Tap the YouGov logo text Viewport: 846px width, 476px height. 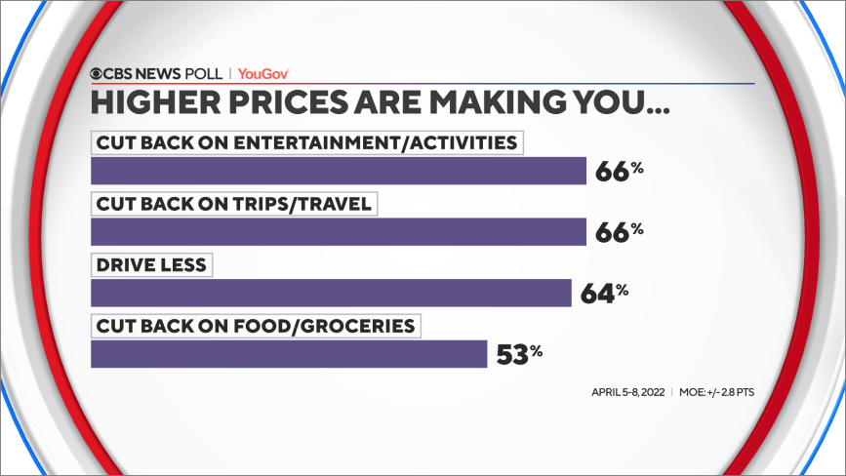263,73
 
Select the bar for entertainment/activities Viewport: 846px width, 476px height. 338,171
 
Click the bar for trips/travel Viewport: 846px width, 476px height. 338,231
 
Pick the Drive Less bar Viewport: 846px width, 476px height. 330,293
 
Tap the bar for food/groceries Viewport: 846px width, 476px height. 288,353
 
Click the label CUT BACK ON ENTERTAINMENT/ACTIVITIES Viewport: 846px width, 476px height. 306,142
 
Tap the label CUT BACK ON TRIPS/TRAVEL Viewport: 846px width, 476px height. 233,204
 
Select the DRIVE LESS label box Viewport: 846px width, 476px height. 150,264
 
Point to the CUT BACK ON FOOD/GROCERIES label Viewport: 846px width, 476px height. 255,325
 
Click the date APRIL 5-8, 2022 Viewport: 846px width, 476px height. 627,392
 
